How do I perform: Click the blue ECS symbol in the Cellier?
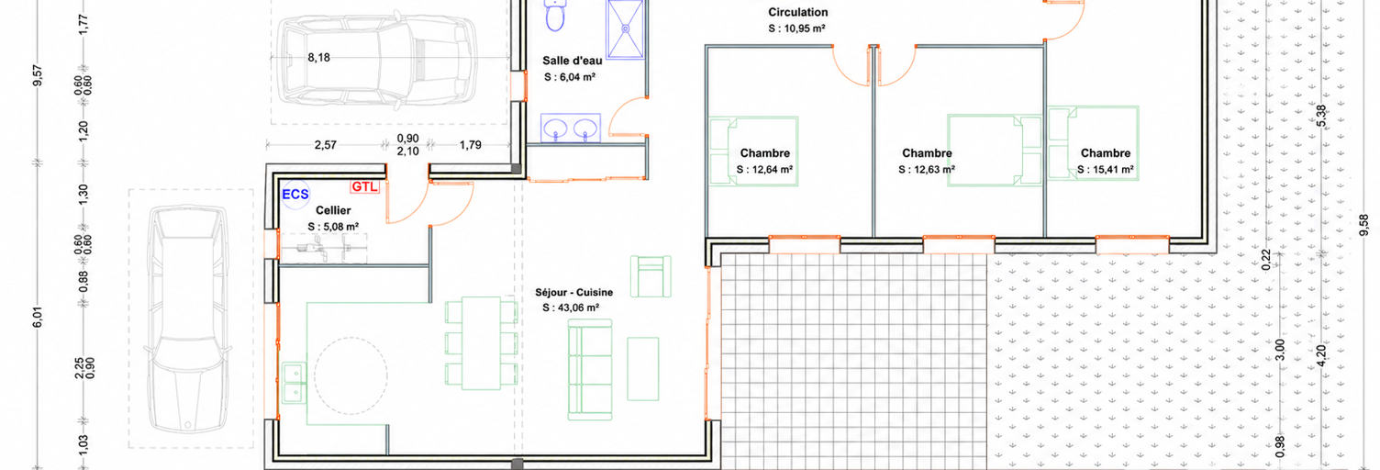(295, 194)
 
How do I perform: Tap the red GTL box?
(364, 186)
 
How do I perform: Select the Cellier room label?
(333, 210)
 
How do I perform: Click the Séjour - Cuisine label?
(573, 293)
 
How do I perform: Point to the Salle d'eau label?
(573, 61)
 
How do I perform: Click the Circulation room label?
(798, 12)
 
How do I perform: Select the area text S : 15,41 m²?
(1106, 170)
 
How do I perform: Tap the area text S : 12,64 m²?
(764, 170)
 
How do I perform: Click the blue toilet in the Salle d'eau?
(555, 15)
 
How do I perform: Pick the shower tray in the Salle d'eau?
(626, 28)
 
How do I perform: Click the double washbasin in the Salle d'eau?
(571, 129)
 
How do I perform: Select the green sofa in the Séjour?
(590, 370)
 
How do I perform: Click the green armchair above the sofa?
(651, 276)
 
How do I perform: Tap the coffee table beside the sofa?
(643, 369)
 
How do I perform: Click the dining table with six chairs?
(481, 343)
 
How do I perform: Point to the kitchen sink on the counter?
(294, 383)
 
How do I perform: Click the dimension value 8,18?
(319, 58)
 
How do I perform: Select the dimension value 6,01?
(38, 317)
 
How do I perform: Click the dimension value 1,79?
(471, 145)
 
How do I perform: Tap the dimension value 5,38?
(1321, 116)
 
